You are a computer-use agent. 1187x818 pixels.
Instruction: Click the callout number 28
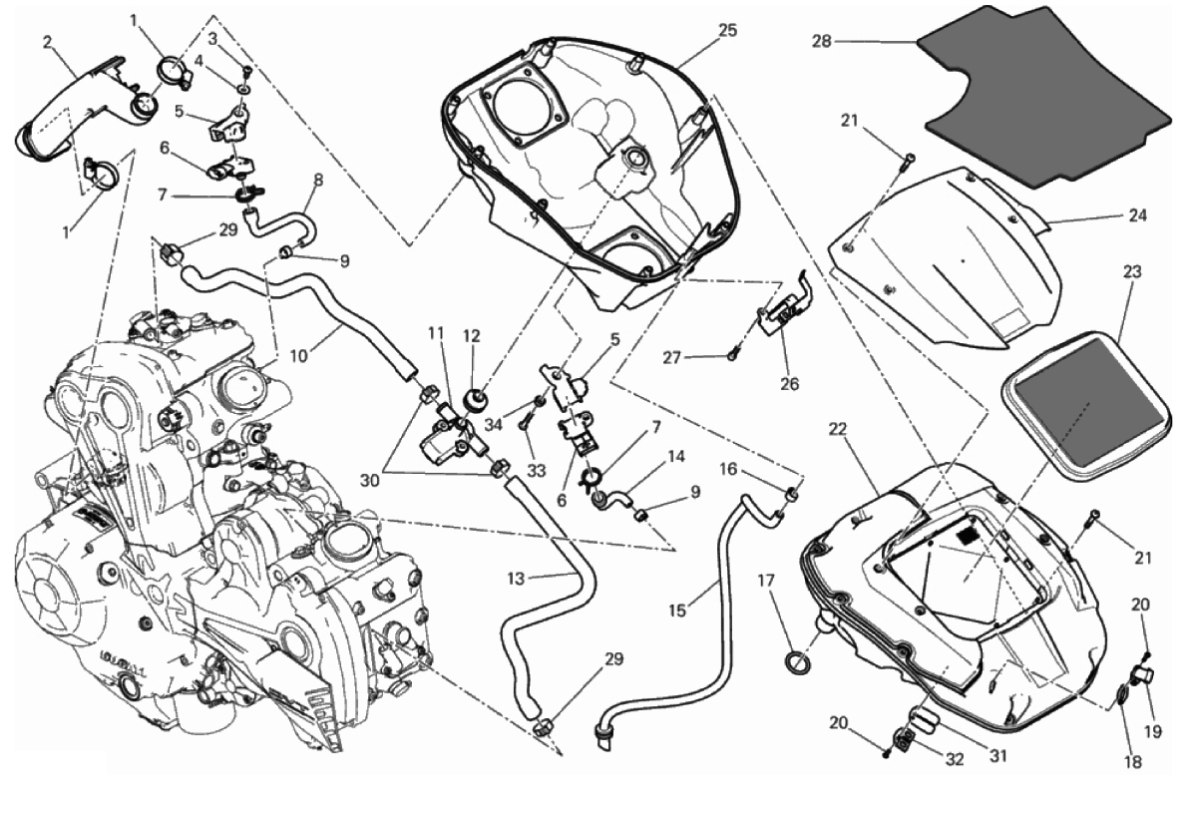[821, 42]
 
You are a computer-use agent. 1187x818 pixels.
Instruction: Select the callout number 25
[727, 30]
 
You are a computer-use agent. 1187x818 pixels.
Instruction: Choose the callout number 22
[838, 429]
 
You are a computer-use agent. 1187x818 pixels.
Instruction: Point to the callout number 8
[318, 181]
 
